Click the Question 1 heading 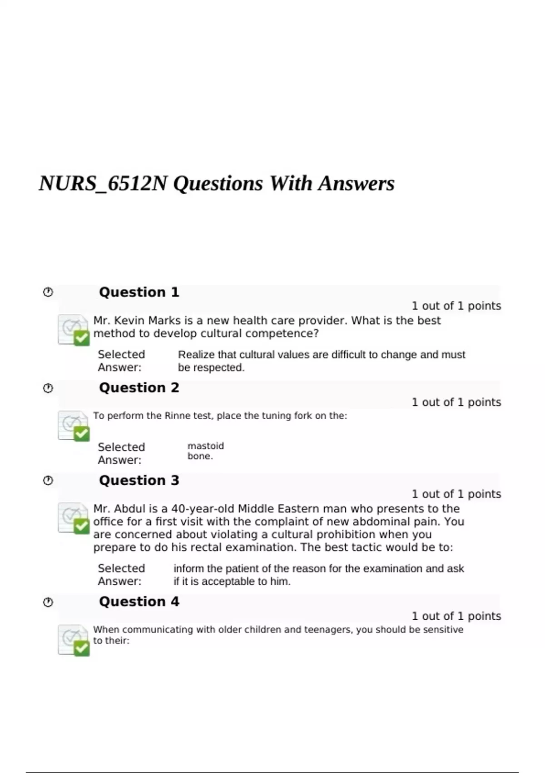139,292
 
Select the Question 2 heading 139,388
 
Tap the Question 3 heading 139,480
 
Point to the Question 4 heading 139,602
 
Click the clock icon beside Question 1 48,292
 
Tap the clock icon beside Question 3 48,480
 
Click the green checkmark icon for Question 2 81,434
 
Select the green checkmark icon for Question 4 81,648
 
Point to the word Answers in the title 356,184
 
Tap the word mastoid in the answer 206,446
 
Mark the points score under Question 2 456,402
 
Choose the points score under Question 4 456,616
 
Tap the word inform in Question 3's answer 187,568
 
